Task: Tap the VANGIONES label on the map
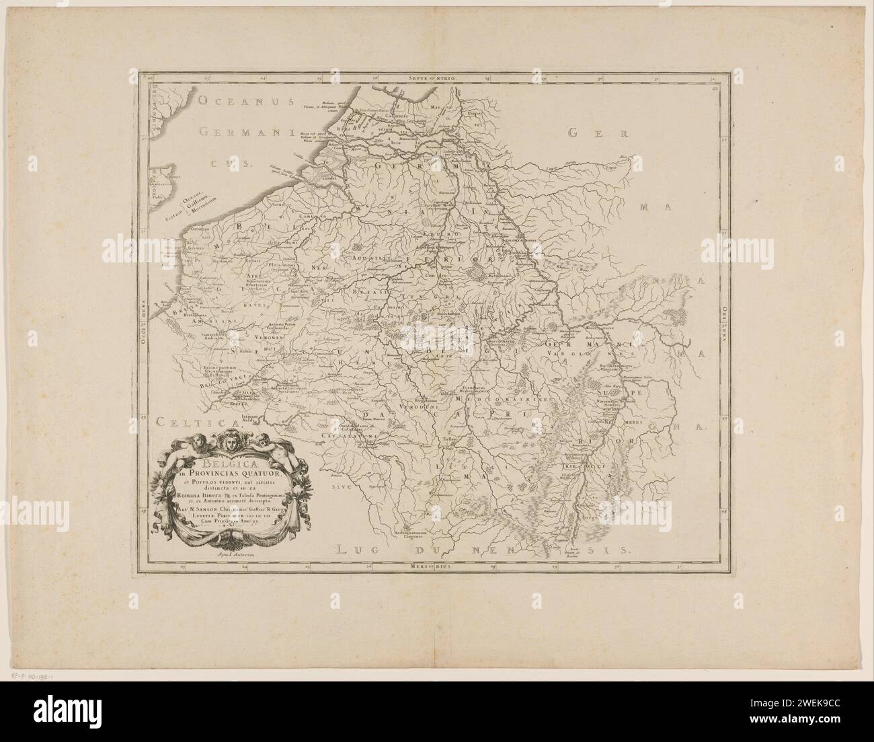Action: (x=580, y=352)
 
